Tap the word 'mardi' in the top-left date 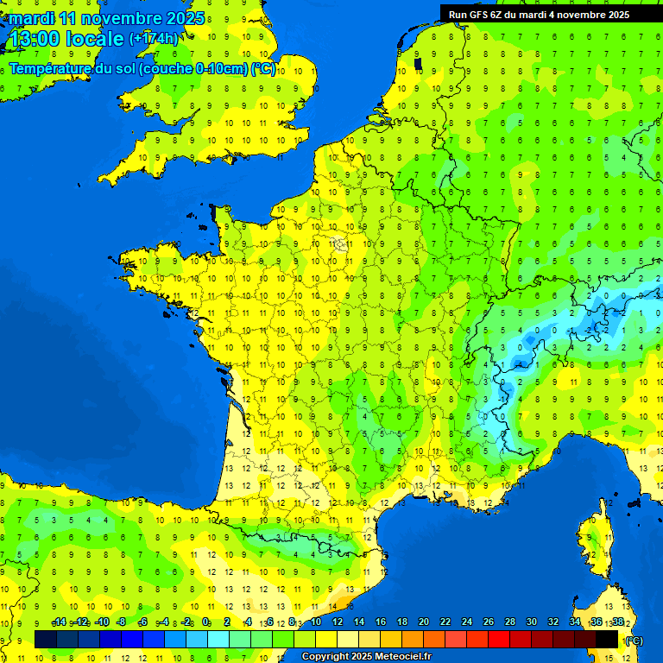click(32, 18)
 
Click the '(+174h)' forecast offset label click(153, 38)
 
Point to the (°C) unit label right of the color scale click(634, 640)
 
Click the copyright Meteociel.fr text click(366, 657)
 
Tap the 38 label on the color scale click(618, 622)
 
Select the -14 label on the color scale click(59, 622)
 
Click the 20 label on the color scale click(423, 622)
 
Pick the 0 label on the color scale click(206, 622)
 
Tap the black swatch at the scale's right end click(607, 639)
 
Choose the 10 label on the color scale click(315, 622)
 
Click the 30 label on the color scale click(532, 622)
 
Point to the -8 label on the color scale click(122, 622)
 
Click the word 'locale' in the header click(94, 38)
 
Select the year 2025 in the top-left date click(185, 18)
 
